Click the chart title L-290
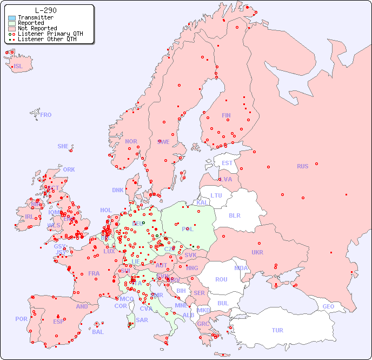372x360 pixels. [x=46, y=10]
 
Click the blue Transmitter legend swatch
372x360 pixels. [x=12, y=18]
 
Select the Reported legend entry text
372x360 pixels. [x=31, y=23]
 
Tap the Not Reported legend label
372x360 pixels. [x=37, y=29]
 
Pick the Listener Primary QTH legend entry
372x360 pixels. [x=50, y=34]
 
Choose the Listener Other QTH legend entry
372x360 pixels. [x=47, y=40]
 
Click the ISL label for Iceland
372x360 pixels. [x=18, y=67]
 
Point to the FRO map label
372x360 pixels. [x=46, y=115]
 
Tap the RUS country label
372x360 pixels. [x=302, y=166]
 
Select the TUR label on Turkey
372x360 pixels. [x=277, y=330]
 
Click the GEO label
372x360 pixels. [x=328, y=306]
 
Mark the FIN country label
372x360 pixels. [x=226, y=115]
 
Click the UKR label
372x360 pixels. [x=257, y=252]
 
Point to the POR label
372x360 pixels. [x=21, y=319]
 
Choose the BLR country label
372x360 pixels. [x=235, y=215]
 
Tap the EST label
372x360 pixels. [x=227, y=163]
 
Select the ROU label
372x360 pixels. [x=221, y=279]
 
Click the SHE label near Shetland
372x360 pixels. [x=63, y=146]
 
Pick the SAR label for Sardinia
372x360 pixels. [x=142, y=320]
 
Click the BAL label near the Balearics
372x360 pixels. [x=98, y=332]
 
